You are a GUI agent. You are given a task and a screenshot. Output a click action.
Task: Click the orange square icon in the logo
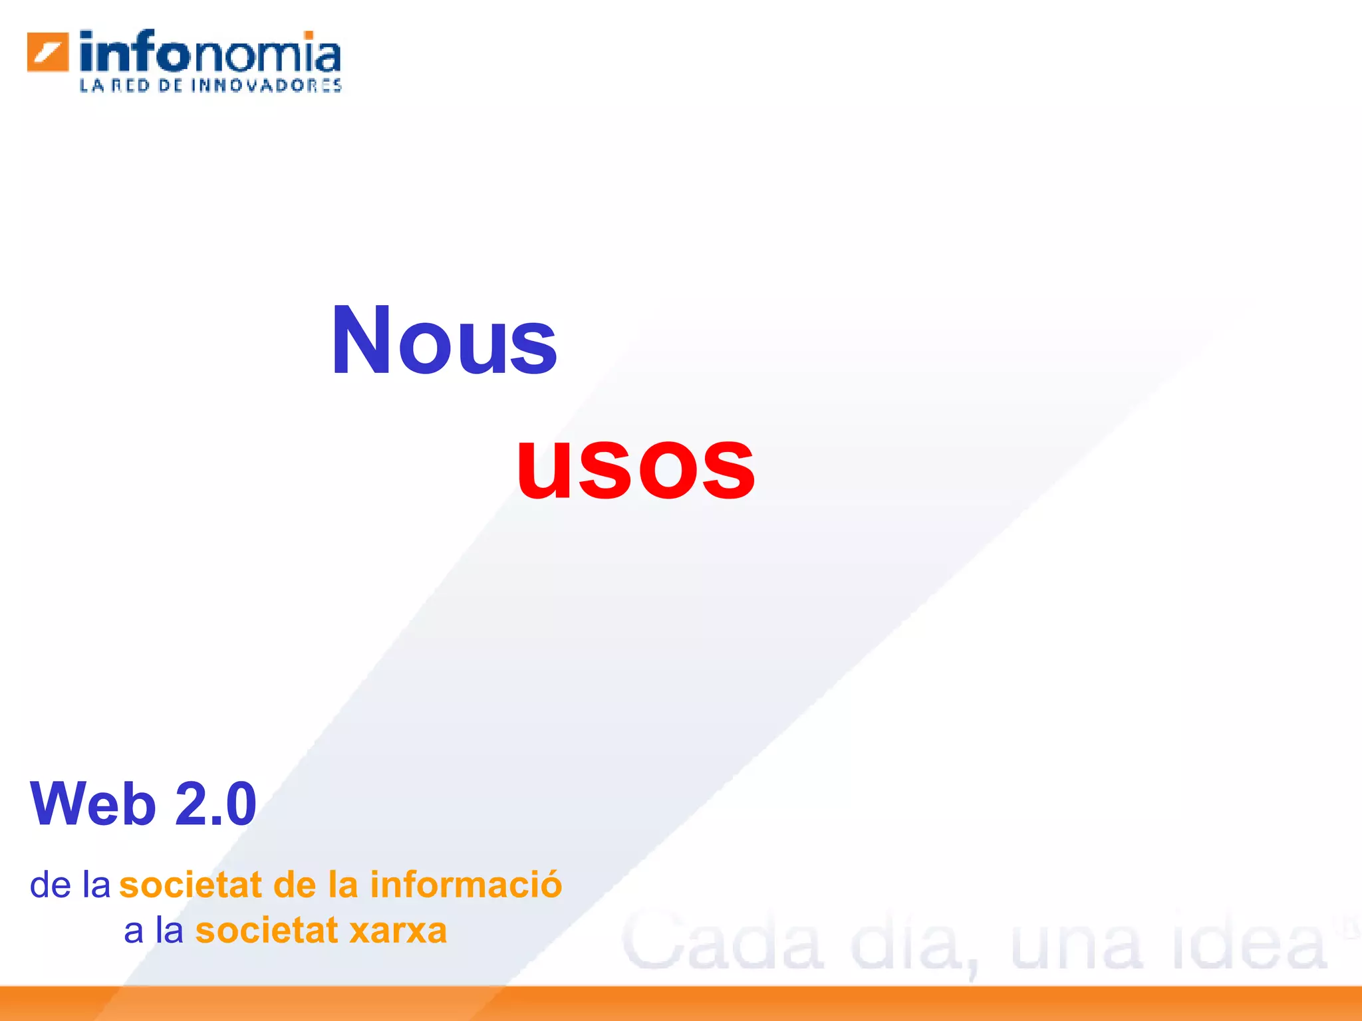48,52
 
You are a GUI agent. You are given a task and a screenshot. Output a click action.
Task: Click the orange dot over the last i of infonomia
309,35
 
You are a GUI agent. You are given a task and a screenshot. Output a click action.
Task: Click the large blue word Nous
444,341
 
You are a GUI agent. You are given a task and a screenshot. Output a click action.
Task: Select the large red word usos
636,464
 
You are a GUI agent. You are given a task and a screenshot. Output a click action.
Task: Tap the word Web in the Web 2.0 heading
92,804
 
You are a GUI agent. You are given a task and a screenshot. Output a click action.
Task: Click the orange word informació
466,885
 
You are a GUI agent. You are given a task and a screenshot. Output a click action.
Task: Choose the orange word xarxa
398,931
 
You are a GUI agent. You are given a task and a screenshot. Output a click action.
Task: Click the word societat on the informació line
191,885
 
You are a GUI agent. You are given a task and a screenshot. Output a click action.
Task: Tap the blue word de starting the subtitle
51,885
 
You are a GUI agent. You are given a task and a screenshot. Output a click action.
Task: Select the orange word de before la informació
295,885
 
